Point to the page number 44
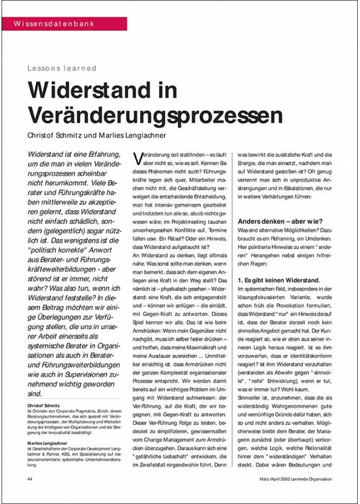tap(30, 479)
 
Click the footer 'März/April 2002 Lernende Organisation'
tap(292, 479)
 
